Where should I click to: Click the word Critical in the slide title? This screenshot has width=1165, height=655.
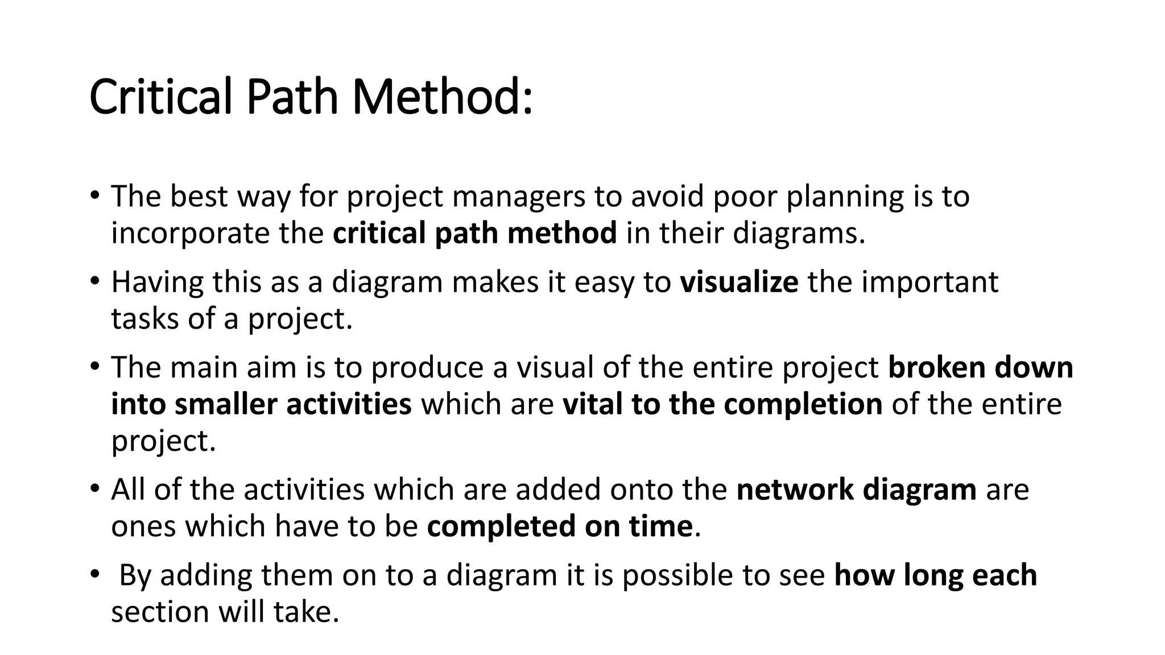point(161,96)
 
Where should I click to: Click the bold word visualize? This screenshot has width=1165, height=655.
point(739,282)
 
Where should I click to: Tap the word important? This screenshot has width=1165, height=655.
point(930,282)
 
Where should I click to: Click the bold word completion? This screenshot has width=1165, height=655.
point(803,404)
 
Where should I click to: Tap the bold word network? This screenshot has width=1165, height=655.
point(795,490)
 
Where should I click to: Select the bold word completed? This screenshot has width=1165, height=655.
point(501,527)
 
